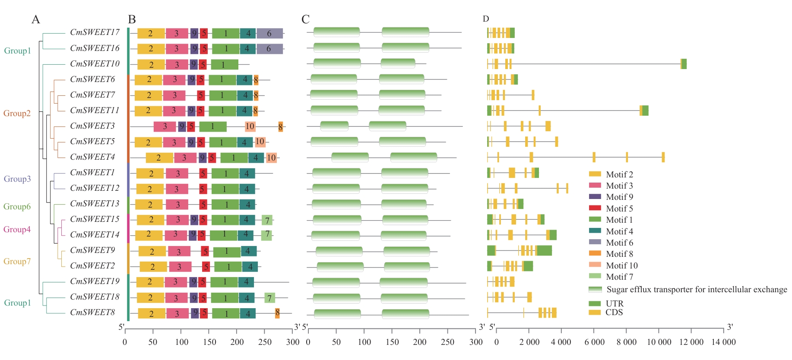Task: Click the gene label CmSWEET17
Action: coord(95,32)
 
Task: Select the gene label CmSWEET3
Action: coord(92,126)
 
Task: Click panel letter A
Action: coord(35,19)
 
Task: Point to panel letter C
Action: coord(305,19)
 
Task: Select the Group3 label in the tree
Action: coord(17,179)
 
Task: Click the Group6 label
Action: coord(17,206)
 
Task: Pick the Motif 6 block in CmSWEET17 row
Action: coord(269,33)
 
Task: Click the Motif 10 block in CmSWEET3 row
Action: coord(250,126)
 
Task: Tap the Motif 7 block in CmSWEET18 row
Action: coord(269,298)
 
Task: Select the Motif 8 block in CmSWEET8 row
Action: coord(277,313)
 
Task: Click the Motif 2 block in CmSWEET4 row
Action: coord(159,158)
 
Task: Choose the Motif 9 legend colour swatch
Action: coord(595,197)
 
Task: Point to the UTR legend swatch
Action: coord(595,303)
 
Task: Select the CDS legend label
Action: coord(614,312)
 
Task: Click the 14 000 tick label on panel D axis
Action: coord(723,342)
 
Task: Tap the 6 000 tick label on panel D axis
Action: coord(594,342)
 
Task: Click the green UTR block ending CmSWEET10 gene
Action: coord(684,64)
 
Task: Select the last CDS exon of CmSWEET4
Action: coord(663,157)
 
